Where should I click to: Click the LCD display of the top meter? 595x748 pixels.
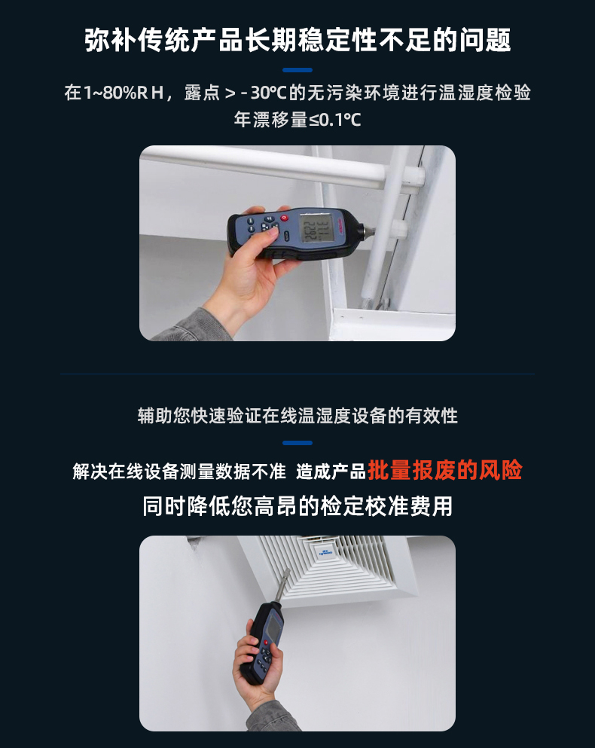pyautogui.click(x=316, y=227)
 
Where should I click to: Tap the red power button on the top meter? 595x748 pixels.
pyautogui.click(x=285, y=218)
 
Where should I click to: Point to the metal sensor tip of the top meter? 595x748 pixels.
pyautogui.click(x=370, y=231)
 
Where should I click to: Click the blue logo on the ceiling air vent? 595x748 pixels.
pyautogui.click(x=325, y=552)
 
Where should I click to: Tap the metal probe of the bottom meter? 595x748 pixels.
pyautogui.click(x=282, y=586)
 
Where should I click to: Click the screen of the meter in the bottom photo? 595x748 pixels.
pyautogui.click(x=274, y=627)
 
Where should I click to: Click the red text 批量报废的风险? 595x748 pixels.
pyautogui.click(x=444, y=471)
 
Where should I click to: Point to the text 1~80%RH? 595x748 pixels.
pyautogui.click(x=124, y=92)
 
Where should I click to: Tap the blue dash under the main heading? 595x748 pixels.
pyautogui.click(x=297, y=70)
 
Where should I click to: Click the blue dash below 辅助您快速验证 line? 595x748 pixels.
pyautogui.click(x=297, y=443)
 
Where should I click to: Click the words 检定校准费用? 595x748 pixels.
pyautogui.click(x=386, y=506)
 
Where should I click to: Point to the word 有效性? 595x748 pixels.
pyautogui.click(x=432, y=416)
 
